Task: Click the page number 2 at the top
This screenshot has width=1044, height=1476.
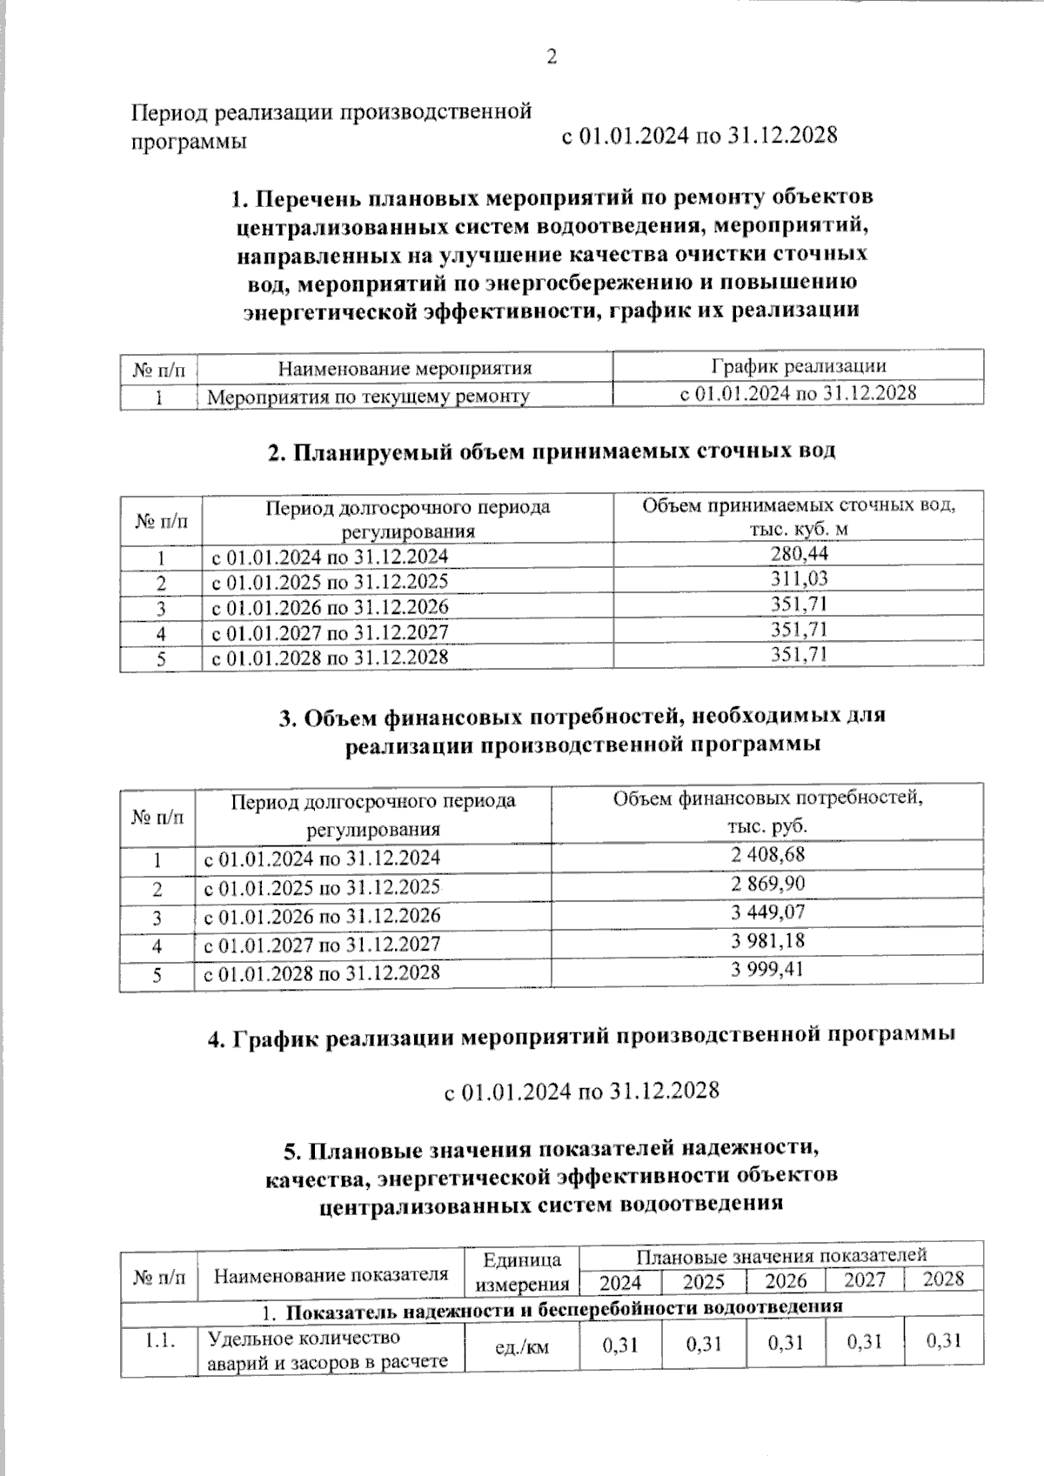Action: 550,57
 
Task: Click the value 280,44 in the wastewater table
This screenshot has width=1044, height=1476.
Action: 799,554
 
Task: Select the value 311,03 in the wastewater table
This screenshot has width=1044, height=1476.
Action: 799,578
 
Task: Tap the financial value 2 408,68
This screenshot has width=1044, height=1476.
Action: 767,855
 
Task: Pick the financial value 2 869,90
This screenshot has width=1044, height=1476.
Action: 767,884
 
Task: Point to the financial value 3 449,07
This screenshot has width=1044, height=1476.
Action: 767,912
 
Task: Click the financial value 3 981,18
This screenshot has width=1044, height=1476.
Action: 767,940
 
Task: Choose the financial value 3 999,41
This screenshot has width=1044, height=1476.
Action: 767,969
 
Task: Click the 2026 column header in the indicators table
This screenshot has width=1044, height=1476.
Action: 786,1281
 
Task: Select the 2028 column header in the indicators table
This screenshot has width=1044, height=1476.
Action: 943,1279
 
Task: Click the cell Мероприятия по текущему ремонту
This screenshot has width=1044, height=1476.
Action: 369,397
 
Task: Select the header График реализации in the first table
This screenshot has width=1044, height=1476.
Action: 798,366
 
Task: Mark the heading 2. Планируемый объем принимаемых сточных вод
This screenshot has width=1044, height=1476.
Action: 551,451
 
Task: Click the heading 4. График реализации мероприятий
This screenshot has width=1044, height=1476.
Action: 581,1036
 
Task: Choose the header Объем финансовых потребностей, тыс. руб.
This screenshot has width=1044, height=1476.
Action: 767,811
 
